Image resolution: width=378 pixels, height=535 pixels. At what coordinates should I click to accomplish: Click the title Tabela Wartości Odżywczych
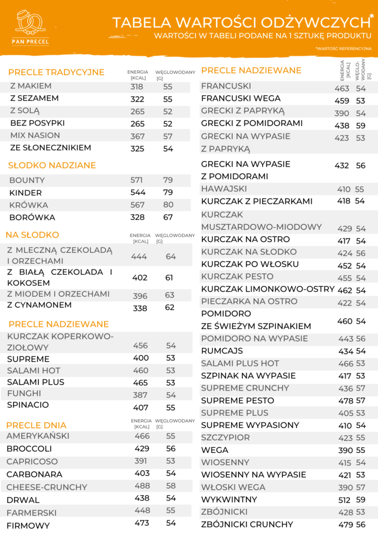point(240,22)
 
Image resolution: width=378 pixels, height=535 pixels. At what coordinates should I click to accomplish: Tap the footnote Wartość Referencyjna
point(344,49)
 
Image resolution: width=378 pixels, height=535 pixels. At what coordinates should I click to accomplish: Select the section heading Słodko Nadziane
point(52,166)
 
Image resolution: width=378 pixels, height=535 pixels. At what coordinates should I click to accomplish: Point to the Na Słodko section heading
point(32,235)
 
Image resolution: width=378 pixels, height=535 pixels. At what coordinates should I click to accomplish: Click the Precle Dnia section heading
point(37,425)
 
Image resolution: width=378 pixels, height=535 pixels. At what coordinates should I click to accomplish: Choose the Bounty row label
point(27,180)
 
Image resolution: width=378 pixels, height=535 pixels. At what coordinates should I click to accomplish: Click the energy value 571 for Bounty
point(137,180)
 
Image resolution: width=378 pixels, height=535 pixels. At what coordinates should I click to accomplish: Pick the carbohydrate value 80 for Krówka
point(168,205)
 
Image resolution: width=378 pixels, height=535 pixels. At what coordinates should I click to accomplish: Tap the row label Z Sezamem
point(34,98)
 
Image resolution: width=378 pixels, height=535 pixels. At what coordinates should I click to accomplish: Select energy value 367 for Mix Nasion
point(137,136)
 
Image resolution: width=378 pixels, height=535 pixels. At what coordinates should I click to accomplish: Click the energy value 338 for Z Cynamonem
point(140,308)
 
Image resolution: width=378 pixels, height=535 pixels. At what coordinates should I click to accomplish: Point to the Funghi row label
point(21,394)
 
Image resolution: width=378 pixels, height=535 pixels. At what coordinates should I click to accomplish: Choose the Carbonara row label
point(34,474)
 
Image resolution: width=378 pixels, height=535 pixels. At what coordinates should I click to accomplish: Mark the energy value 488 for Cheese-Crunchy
point(142,486)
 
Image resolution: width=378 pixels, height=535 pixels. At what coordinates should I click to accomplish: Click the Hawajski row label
point(224,189)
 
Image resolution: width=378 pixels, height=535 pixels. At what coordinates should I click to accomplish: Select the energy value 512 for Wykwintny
point(345,500)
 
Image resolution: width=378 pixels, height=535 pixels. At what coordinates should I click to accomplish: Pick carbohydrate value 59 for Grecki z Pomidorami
point(361,125)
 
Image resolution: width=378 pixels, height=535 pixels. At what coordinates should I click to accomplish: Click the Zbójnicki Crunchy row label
point(247,525)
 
